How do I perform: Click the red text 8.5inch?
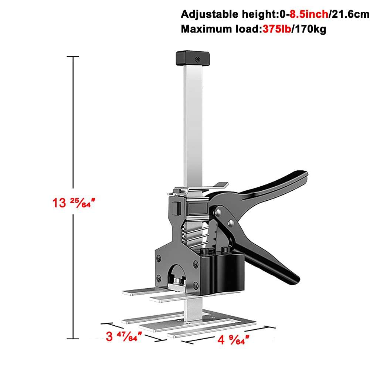coord(308,15)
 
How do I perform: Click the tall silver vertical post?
coord(192,122)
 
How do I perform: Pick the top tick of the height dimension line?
coord(72,57)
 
